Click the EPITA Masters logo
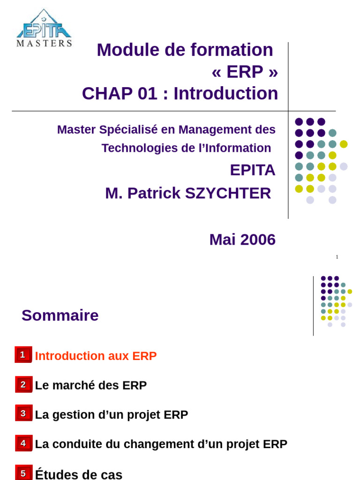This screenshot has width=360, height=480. click(44, 28)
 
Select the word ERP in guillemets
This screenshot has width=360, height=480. click(245, 72)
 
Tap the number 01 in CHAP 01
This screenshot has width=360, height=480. click(148, 93)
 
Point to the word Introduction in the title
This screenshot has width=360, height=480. click(226, 93)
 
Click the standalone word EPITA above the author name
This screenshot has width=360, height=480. click(253, 170)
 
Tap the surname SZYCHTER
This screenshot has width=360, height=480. click(228, 194)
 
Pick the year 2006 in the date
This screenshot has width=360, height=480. click(258, 240)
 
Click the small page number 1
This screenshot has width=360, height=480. click(337, 257)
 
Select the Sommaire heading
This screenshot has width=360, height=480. click(60, 315)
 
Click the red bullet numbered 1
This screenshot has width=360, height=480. click(23, 354)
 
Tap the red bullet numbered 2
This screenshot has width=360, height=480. click(23, 384)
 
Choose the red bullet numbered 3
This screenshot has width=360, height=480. click(23, 413)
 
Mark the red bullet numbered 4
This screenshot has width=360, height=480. click(23, 443)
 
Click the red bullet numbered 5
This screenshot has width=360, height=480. click(23, 472)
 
